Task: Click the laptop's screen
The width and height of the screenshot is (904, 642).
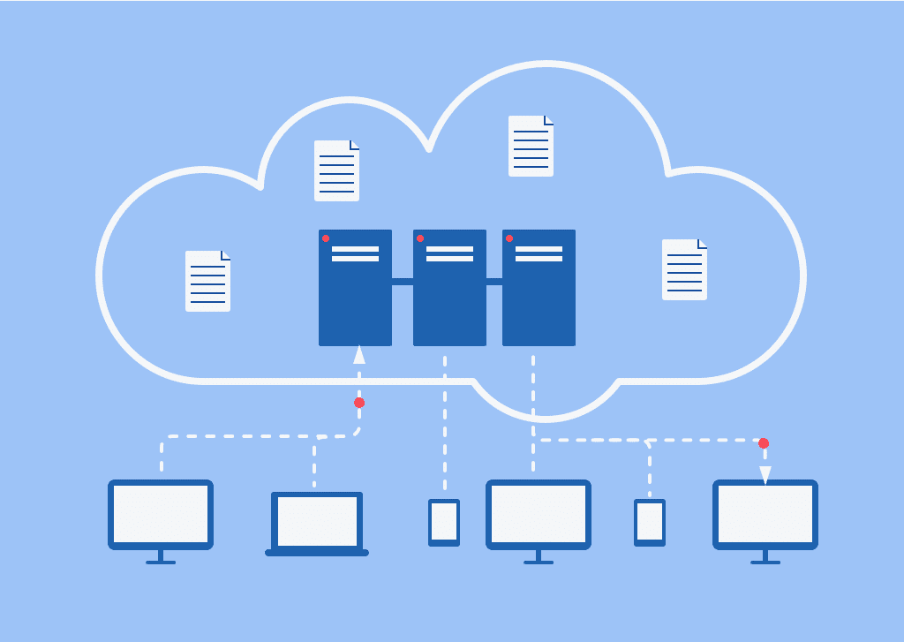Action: (317, 521)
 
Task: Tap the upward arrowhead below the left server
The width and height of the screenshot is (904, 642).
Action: (358, 355)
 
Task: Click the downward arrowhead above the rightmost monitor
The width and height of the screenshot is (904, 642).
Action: (765, 475)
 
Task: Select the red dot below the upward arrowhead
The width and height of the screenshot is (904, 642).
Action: (359, 403)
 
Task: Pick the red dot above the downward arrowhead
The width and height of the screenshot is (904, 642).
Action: (764, 443)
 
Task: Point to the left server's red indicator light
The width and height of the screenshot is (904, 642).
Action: (326, 238)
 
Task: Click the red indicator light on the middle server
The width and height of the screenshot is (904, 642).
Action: (420, 238)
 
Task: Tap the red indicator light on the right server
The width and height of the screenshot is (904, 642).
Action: (509, 238)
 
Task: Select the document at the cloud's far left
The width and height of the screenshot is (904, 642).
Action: (207, 281)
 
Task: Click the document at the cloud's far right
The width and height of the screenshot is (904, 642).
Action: (684, 269)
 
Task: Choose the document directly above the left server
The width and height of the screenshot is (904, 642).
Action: (336, 170)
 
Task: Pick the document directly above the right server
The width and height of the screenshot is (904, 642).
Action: (531, 146)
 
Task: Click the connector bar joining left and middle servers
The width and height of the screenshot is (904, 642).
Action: (403, 282)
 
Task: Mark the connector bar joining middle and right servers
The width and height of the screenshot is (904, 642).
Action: (494, 282)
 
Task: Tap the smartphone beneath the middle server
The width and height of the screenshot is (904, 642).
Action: (444, 522)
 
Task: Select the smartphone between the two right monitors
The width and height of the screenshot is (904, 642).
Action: (650, 522)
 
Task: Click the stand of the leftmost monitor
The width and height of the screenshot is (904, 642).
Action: (161, 556)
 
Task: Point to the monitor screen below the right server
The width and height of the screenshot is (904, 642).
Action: (539, 514)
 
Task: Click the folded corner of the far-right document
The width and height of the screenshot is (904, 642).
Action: (702, 244)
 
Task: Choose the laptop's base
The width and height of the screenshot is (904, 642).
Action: (317, 553)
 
